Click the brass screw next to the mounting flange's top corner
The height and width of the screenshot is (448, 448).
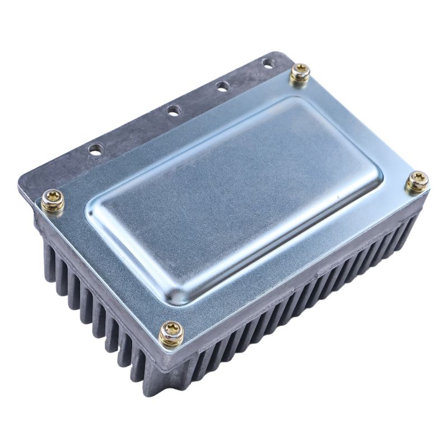pos(301,73)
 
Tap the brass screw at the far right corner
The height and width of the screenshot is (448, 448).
pos(417,181)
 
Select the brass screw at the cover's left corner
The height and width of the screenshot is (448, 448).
pos(53,200)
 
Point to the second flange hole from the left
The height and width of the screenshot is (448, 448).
pos(173,111)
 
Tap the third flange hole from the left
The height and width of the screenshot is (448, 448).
pos(223,86)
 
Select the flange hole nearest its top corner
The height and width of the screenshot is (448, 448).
pos(268,63)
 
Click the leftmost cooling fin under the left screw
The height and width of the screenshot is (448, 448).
pos(48,252)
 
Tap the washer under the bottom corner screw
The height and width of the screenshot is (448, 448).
pos(171,341)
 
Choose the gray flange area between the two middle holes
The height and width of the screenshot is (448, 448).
pos(198,99)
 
